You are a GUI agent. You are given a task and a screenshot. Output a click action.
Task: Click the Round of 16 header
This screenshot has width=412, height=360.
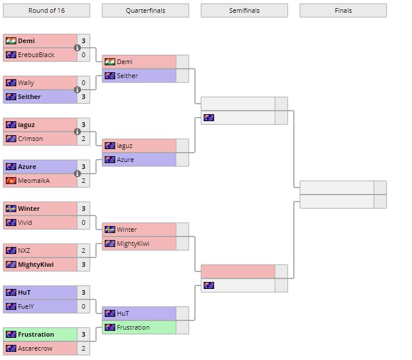point(46,10)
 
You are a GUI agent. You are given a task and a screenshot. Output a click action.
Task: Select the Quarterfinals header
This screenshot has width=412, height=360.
point(145,10)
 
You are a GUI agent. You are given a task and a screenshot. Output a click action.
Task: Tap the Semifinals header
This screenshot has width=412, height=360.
point(244,10)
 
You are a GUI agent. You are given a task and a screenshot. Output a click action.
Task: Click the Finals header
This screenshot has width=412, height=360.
point(343,10)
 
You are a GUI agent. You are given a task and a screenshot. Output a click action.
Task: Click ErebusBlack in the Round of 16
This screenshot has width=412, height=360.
point(36,55)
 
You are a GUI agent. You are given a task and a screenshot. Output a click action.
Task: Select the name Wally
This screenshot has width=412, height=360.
point(26,83)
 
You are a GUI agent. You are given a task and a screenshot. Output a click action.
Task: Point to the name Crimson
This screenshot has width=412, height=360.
point(30,139)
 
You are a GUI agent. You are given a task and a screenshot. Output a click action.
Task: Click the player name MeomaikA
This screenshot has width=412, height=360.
point(34,181)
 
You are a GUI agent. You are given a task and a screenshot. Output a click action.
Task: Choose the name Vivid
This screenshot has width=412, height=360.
point(25,223)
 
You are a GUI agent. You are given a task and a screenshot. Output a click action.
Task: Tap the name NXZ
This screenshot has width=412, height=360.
point(24,250)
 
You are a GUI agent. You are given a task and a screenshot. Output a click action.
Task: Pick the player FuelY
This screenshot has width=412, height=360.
point(27,306)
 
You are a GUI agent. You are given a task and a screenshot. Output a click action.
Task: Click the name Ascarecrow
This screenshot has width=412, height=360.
point(35,348)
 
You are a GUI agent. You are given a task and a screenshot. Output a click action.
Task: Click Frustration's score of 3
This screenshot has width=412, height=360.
point(83,334)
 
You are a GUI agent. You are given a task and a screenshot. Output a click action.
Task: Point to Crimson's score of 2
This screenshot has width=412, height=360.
point(83,139)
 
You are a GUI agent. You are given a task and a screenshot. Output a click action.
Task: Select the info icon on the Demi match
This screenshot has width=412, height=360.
point(77,48)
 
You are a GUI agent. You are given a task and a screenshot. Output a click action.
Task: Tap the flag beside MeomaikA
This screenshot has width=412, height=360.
point(10,181)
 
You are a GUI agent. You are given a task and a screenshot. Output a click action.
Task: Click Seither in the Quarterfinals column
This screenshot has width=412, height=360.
point(127,76)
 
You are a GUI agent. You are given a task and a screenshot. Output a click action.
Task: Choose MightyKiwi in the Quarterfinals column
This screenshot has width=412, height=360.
point(133,243)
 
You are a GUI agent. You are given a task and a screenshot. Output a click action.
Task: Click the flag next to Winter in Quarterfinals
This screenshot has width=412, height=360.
point(109,230)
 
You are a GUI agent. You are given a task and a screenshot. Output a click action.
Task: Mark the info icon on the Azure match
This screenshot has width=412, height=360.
point(77,174)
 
